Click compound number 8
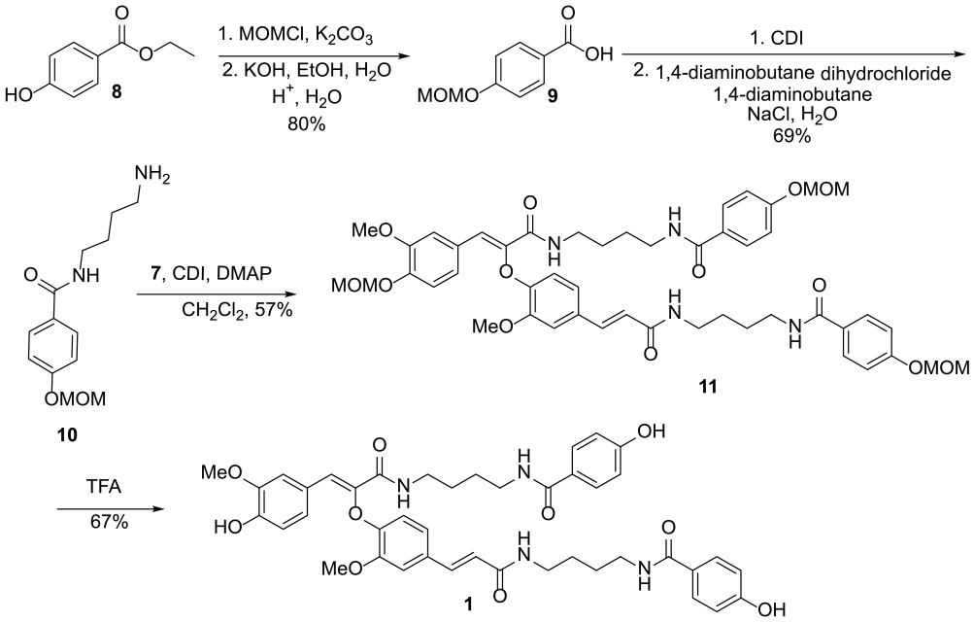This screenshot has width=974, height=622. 117,93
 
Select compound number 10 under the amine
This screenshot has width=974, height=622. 67,435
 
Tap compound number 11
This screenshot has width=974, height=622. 708,387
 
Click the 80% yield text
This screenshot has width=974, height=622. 306,123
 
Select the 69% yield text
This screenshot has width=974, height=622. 791,135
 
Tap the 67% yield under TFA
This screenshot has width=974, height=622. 110,521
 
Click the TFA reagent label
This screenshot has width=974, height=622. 104,487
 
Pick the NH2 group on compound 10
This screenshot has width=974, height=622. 151,177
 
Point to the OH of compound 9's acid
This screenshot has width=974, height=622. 599,54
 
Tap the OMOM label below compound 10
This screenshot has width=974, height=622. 75,398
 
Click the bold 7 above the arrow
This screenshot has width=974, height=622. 157,273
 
